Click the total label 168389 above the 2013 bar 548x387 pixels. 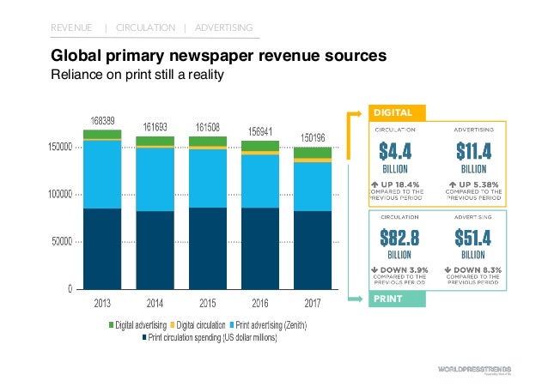(102, 119)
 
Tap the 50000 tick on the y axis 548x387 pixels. (60, 242)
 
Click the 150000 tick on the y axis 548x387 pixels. (58, 148)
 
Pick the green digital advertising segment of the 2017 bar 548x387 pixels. (313, 153)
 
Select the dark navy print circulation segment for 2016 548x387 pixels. (259, 248)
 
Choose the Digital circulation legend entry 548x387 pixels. (201, 325)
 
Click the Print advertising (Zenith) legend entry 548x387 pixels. (269, 325)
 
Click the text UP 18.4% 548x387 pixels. (399, 184)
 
